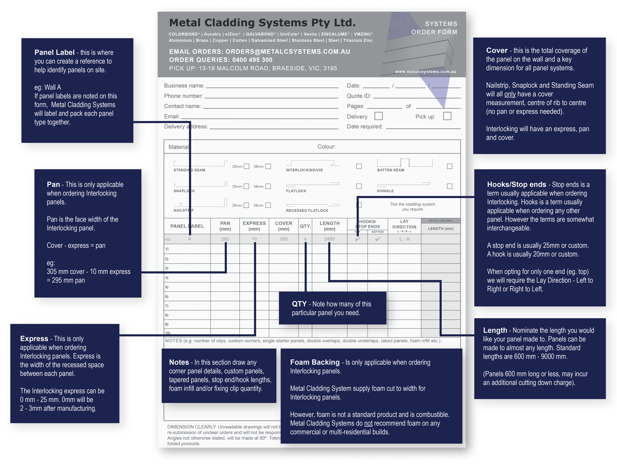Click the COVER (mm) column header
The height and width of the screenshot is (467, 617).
pos(284,226)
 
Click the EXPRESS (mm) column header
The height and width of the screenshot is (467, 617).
pos(254,226)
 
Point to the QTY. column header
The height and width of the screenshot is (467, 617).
pos(305,226)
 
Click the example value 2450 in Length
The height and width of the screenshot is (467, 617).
pos(329,239)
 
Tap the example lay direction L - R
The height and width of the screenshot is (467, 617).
pos(404,239)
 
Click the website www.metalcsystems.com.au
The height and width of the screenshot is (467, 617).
pos(425,72)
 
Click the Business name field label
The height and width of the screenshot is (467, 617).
pos(184,86)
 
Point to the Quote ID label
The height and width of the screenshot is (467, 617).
pos(359,96)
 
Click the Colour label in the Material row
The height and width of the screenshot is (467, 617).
pos(326,147)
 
